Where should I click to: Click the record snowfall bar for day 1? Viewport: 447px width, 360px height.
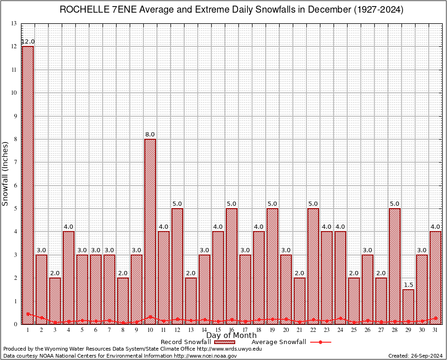click(28, 185)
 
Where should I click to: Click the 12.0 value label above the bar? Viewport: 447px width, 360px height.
click(28, 42)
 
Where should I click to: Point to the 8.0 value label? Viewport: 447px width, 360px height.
click(150, 135)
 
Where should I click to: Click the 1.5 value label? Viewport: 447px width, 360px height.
click(408, 285)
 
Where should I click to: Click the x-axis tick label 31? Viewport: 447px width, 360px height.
click(435, 330)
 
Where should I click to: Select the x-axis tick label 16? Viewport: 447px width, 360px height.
click(231, 330)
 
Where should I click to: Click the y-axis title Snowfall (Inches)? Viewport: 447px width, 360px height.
click(6, 173)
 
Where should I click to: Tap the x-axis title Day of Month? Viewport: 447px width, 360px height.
click(231, 336)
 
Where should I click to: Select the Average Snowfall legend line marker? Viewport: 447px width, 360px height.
click(320, 342)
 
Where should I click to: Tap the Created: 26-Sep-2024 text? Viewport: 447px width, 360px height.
click(415, 356)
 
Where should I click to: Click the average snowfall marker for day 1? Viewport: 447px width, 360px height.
click(28, 314)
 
